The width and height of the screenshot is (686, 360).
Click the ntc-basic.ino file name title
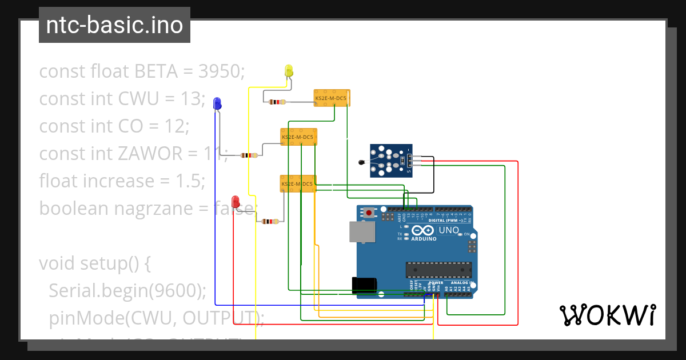(114, 25)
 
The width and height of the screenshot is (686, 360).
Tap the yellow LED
(289, 71)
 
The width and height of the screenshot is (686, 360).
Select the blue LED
(217, 103)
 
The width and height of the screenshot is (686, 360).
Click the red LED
(235, 202)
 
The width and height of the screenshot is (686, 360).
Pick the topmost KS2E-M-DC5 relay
(332, 98)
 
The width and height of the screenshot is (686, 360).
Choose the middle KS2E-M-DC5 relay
(298, 137)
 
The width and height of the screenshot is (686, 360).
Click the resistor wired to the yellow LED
(277, 102)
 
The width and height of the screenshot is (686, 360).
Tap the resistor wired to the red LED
(269, 222)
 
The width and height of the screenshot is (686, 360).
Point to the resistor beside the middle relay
(249, 155)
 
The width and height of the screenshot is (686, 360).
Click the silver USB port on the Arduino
(362, 231)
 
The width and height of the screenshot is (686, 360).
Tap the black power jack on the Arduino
(364, 285)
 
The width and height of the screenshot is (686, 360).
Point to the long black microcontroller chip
(438, 269)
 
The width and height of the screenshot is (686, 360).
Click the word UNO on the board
(448, 230)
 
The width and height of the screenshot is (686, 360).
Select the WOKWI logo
(607, 315)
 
